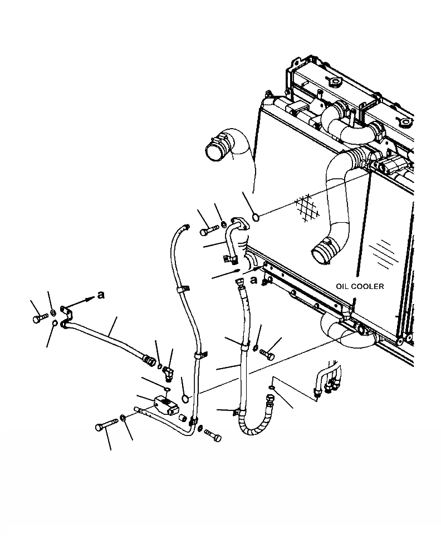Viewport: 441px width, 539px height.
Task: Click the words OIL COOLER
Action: tap(359, 286)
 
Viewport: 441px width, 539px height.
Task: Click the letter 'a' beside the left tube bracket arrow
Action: tap(100, 295)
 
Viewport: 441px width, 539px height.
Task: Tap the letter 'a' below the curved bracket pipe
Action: tap(254, 280)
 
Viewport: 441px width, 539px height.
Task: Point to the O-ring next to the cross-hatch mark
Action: tap(256, 216)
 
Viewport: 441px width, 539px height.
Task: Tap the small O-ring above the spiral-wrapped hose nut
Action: tap(269, 387)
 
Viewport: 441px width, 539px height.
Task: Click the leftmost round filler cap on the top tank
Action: tap(336, 82)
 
